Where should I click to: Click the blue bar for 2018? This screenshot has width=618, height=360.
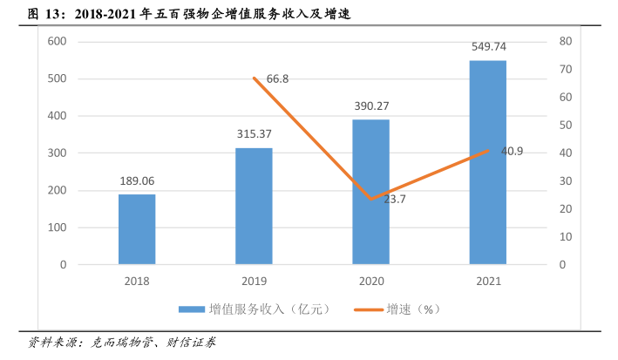click(137, 228)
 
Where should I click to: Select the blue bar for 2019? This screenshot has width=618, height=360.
click(254, 206)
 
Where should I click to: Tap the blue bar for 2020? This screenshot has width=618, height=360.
click(370, 192)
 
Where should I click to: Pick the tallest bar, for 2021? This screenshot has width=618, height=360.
click(487, 162)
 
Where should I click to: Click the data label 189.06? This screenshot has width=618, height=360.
click(137, 181)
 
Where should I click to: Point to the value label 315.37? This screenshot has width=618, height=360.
click(254, 134)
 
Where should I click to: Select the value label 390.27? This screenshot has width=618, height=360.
click(370, 106)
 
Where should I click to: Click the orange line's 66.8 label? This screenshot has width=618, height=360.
click(277, 79)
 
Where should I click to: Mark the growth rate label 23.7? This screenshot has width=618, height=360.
click(395, 200)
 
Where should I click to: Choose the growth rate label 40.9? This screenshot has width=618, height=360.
click(512, 152)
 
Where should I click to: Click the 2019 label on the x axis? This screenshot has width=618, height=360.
click(254, 281)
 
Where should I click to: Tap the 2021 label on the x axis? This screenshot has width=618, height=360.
click(487, 281)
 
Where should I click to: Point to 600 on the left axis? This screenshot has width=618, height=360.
click(57, 42)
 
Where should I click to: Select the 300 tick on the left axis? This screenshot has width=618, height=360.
click(57, 153)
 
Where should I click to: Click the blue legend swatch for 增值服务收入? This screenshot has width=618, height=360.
click(191, 309)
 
